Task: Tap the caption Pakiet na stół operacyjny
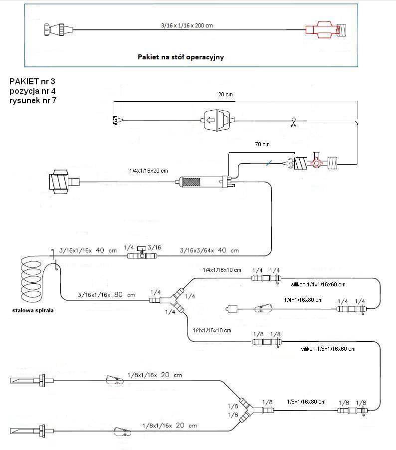[181, 57]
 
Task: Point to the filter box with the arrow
[217, 120]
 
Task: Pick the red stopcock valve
[315, 162]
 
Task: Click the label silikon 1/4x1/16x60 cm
[318, 284]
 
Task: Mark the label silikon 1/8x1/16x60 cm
[328, 349]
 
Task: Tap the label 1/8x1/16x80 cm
[306, 401]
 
